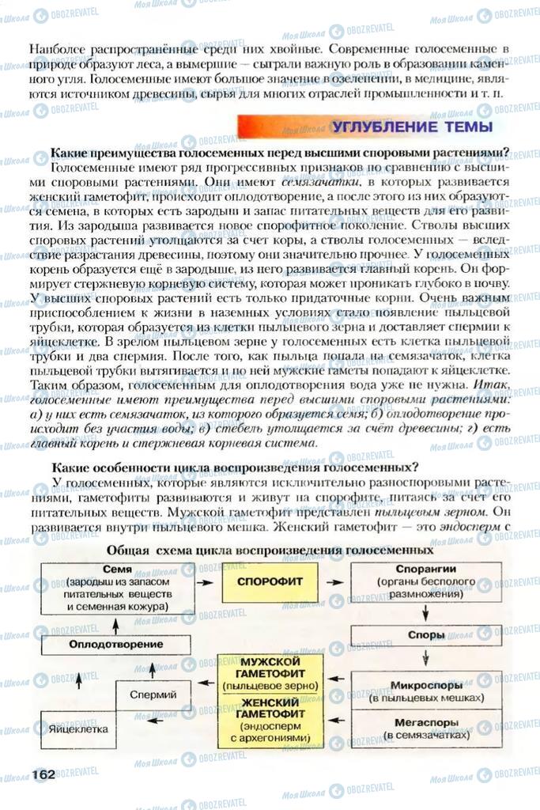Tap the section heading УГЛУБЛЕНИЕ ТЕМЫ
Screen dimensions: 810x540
(411, 127)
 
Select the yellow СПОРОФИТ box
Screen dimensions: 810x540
(263, 581)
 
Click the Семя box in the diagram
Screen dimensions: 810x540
(117, 588)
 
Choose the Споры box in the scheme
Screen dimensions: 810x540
(425, 634)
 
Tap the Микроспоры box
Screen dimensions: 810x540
(425, 690)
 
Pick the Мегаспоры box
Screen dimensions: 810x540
(425, 728)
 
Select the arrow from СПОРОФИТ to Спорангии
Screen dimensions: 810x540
(336, 581)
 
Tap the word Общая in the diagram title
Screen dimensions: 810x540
(130, 549)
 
